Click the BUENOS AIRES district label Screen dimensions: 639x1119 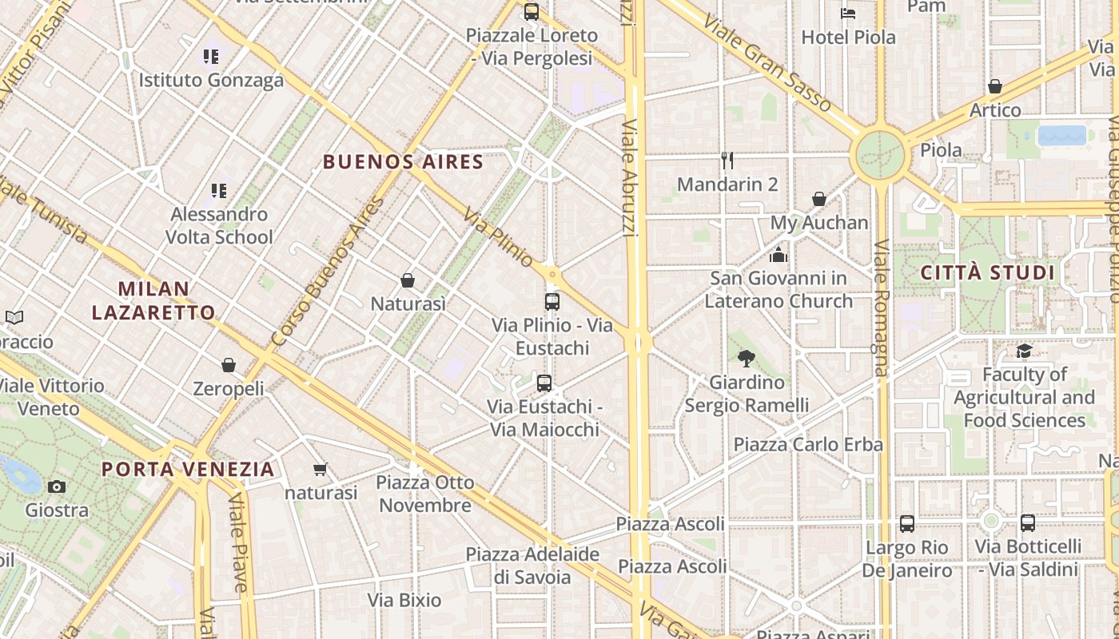coord(404,162)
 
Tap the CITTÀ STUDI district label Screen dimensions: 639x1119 coord(988,272)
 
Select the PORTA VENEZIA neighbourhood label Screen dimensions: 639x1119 coord(189,469)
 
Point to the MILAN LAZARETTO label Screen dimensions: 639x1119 coord(153,300)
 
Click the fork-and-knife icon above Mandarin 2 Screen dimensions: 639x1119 coord(727,161)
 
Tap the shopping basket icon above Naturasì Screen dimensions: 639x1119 coord(408,280)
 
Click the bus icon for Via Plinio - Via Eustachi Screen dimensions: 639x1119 coord(552,302)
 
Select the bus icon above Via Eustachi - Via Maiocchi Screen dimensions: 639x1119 coord(544,383)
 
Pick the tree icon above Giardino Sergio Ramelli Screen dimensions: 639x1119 coord(747,359)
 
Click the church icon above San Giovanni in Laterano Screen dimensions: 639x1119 coord(779,255)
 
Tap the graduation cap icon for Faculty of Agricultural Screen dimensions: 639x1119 coord(1024,351)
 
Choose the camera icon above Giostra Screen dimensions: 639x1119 coord(57,486)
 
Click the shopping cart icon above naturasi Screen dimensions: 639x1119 coord(321,469)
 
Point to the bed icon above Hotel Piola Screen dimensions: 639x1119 coord(848,14)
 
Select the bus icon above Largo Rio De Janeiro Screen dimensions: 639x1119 coord(907,524)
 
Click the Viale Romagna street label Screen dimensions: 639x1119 coord(881,308)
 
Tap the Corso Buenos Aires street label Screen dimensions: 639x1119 coord(328,272)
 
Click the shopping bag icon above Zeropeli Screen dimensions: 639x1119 coord(229,365)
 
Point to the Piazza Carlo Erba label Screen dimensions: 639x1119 coord(808,444)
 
